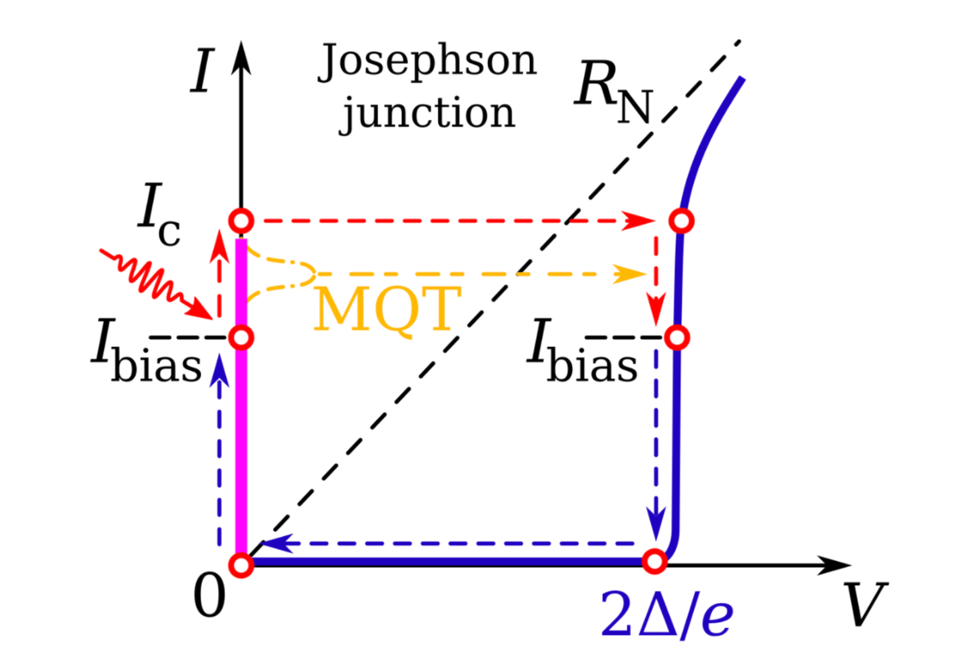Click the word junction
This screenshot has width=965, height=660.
tap(429, 113)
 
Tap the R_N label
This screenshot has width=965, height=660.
tap(614, 92)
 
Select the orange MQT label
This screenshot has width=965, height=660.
tap(388, 310)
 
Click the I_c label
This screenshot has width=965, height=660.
tap(159, 214)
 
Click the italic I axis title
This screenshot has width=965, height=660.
tap(203, 71)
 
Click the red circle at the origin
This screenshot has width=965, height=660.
tap(241, 564)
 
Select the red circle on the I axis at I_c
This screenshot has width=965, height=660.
tap(241, 221)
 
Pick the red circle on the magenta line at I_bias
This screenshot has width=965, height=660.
tap(241, 337)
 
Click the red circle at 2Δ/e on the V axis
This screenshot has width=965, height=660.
tap(655, 562)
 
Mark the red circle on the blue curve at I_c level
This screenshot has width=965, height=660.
tap(682, 221)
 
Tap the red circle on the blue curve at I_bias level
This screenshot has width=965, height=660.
tap(677, 337)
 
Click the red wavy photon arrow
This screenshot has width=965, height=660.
tap(156, 283)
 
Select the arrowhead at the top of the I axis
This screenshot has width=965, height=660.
tap(241, 58)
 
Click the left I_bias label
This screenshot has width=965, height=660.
tap(146, 350)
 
